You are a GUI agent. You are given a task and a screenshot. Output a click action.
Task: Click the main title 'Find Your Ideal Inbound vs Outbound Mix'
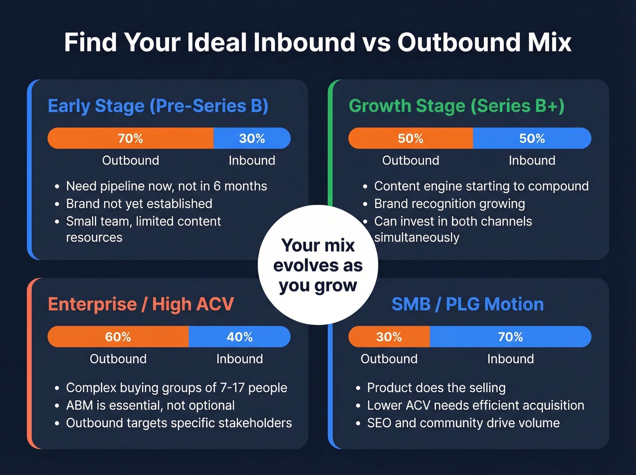[x=318, y=42]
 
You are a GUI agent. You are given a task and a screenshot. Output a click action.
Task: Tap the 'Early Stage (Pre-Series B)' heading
[x=158, y=106]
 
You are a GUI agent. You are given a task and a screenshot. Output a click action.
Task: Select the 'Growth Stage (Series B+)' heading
[x=457, y=106]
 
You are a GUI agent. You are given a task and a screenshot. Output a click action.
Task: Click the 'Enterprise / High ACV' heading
[x=141, y=304]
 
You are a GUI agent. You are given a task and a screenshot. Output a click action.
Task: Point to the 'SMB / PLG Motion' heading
[x=467, y=304]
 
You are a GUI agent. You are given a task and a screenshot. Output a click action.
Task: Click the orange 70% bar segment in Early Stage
[x=130, y=138]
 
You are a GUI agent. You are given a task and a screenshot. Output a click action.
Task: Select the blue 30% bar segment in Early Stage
[x=252, y=138]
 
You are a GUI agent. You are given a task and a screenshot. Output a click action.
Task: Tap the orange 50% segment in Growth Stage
[x=411, y=138]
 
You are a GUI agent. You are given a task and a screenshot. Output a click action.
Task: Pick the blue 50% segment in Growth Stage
[x=532, y=138]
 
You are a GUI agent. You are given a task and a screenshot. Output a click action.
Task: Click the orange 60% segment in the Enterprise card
[x=118, y=337]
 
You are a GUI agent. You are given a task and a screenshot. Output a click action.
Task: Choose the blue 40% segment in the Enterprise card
[x=239, y=337]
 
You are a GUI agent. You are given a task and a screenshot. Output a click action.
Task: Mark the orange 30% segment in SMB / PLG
[x=389, y=337]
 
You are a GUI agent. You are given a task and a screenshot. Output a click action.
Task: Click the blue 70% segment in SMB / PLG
[x=510, y=337]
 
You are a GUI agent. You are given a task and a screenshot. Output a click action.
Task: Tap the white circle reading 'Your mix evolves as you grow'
[x=318, y=265]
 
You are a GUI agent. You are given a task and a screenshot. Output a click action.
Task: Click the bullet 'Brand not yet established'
[x=139, y=204]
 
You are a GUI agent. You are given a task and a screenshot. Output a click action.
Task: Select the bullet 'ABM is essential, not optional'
[x=150, y=405]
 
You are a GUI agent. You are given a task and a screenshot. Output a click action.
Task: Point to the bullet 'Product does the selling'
[x=436, y=388]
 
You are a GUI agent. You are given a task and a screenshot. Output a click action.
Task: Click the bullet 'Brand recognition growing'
[x=449, y=204]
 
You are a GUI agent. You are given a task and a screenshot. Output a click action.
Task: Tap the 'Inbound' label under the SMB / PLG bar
[x=510, y=359]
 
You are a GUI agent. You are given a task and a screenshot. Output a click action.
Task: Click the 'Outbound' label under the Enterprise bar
[x=118, y=359]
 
